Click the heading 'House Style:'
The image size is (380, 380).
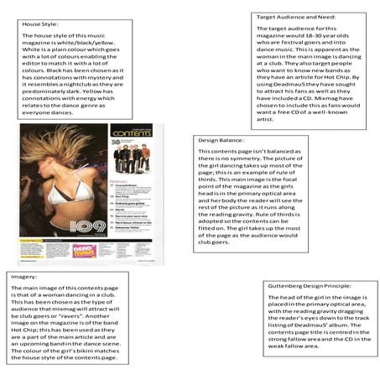click(39, 24)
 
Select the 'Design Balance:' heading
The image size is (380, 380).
click(221, 140)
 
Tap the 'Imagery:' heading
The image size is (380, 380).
click(27, 275)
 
